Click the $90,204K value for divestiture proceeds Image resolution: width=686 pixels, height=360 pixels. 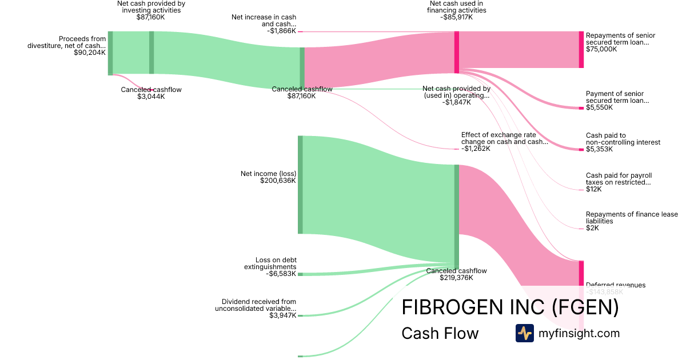click(x=90, y=53)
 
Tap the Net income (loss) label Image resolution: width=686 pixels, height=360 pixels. click(x=268, y=173)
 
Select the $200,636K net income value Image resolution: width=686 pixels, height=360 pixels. click(x=278, y=181)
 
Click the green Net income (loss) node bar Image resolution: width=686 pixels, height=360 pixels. click(x=300, y=185)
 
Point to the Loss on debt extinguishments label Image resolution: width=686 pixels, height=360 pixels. click(x=276, y=263)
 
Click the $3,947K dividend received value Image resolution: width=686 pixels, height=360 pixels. click(x=282, y=315)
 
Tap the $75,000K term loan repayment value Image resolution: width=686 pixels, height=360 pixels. click(x=601, y=49)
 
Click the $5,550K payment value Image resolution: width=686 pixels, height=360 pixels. click(x=599, y=107)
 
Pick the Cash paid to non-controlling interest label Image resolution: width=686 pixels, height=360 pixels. click(x=623, y=139)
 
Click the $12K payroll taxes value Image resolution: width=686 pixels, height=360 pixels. click(x=593, y=189)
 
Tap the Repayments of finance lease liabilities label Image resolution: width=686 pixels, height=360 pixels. click(x=632, y=218)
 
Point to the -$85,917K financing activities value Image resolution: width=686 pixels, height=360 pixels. click(x=456, y=17)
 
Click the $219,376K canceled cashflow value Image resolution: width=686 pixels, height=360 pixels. click(x=456, y=278)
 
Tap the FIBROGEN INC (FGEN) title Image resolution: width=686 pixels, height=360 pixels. click(x=510, y=307)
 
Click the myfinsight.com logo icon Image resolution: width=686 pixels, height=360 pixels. click(x=524, y=333)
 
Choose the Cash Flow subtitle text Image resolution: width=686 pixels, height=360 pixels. click(x=440, y=333)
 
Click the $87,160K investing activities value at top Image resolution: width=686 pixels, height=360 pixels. click(x=151, y=17)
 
